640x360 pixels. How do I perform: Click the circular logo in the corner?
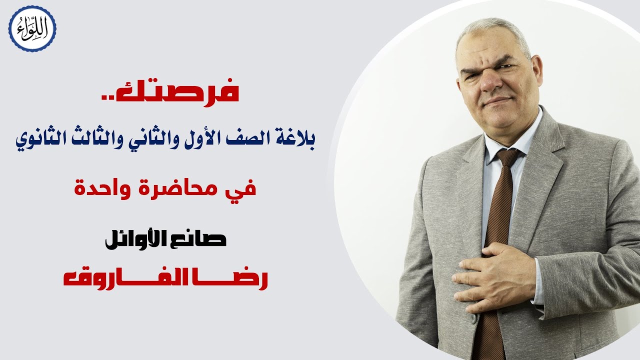[x=32, y=28]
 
